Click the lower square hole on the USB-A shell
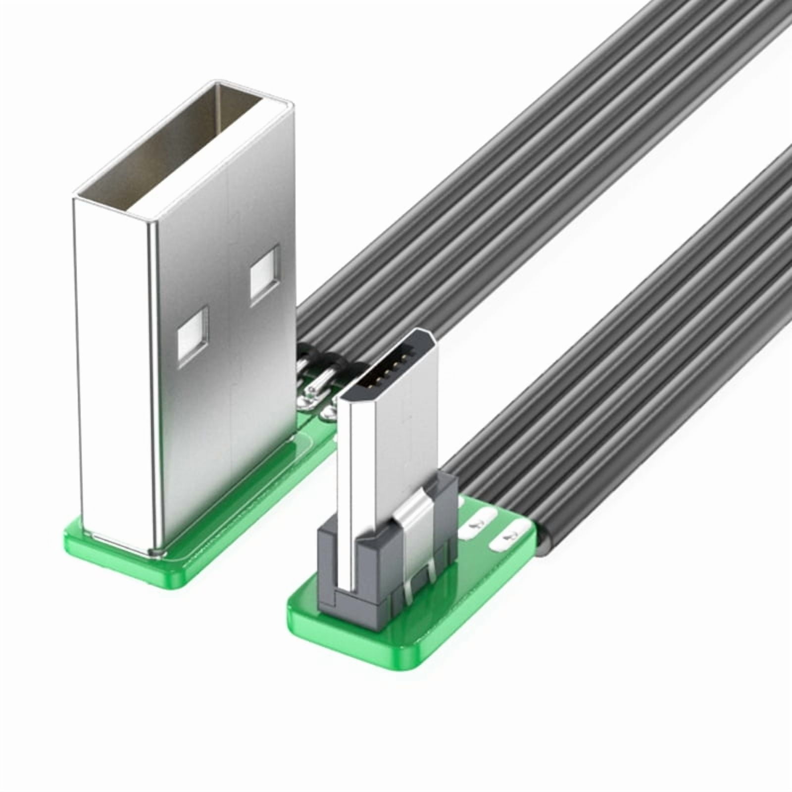click(194, 338)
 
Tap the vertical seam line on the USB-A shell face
click(229, 346)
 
